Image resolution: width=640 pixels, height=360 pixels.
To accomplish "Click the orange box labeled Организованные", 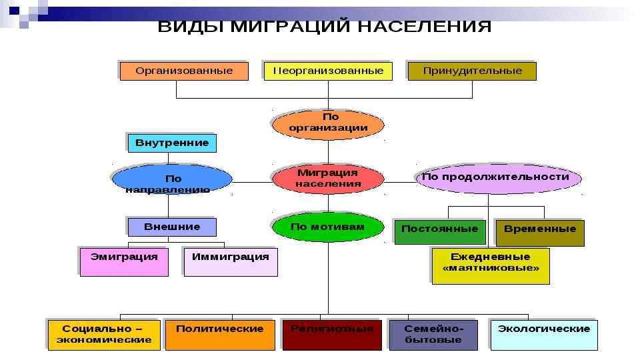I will pos(184,71).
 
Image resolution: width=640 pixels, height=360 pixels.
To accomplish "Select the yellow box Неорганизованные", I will pos(328,71).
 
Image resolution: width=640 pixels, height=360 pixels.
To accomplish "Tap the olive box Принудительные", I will pos(472,71).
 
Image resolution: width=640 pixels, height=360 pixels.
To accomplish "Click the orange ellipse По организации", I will pos(328,123).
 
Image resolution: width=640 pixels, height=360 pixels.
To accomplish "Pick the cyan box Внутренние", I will pos(172,143).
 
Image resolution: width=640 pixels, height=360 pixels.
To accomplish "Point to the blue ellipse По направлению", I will pos(172,180).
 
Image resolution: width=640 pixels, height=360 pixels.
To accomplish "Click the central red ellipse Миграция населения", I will pos(328,178).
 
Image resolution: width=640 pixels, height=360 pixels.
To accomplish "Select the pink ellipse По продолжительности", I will pos(497,177).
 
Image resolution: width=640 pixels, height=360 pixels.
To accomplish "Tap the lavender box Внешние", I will pos(172,227).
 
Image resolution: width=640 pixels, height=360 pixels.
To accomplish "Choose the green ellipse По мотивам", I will pos(328,227).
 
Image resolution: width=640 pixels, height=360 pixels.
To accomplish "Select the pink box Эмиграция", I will pos(124,261).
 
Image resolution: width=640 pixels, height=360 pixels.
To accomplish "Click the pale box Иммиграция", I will pos(231,261).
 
